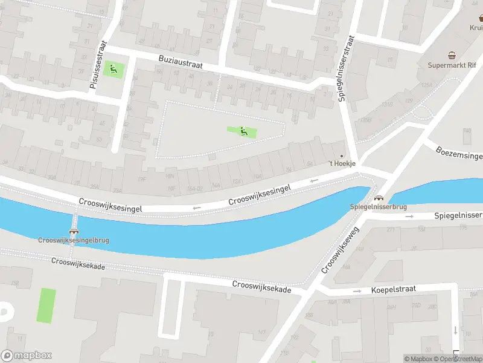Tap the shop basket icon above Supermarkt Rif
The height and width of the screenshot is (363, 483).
(x=452, y=55)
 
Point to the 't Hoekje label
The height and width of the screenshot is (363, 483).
(x=342, y=164)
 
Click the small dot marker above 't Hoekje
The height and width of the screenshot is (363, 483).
(x=342, y=155)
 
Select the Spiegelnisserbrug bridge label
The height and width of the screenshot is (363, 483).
(x=379, y=206)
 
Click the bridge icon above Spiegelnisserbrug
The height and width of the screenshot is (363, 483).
(x=379, y=198)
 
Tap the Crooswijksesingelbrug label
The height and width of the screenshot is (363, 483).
(x=74, y=240)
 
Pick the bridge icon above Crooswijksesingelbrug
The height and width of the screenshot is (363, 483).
(x=74, y=231)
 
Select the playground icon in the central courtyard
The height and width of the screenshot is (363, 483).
(x=243, y=131)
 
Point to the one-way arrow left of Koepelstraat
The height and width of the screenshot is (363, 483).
(x=358, y=291)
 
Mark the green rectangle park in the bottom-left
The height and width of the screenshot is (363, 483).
(x=46, y=306)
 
